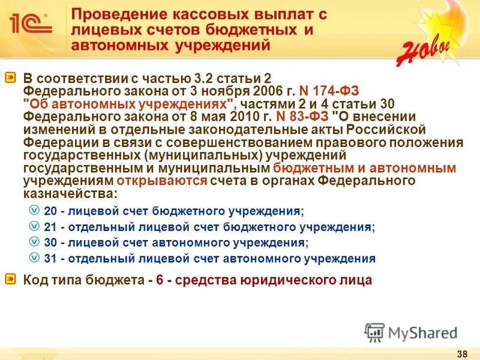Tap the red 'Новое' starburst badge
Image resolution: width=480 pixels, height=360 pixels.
[x=424, y=43]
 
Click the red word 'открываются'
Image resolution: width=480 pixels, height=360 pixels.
[x=163, y=181]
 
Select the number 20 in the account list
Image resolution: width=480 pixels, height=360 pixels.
[x=50, y=211]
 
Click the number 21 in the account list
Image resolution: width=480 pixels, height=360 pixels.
[x=50, y=227]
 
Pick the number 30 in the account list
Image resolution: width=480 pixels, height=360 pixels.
[x=50, y=243]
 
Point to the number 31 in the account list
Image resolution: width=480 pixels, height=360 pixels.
[x=50, y=259]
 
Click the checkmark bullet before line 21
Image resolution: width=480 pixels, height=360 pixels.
[x=34, y=227]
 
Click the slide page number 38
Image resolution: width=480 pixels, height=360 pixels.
[x=463, y=352]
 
